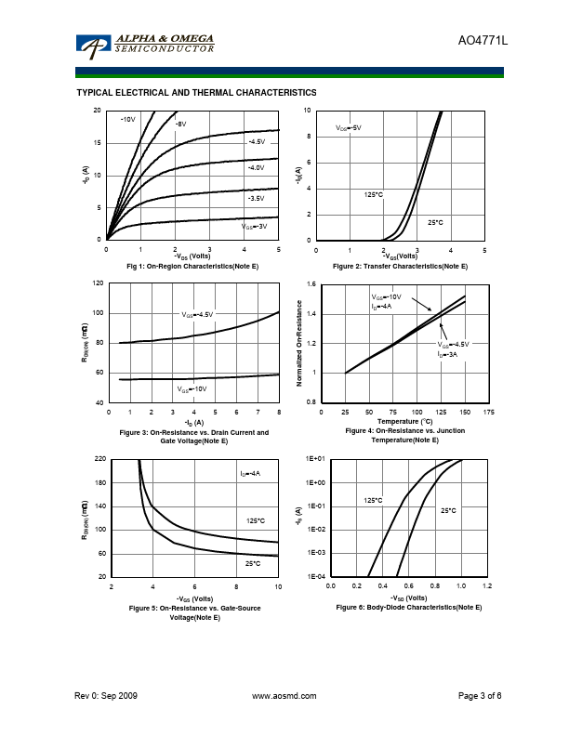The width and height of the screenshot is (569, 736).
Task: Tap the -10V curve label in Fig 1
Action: tap(128, 120)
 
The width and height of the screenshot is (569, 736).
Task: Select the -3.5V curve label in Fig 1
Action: tap(256, 199)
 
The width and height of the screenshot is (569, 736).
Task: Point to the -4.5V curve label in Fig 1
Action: tap(257, 141)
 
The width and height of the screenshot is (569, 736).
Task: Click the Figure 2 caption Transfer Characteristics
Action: tap(400, 267)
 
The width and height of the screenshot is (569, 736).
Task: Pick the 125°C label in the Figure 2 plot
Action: tap(373, 195)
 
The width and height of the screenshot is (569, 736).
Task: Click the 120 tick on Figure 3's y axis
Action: tap(98, 283)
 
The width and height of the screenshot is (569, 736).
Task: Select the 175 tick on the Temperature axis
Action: tap(489, 411)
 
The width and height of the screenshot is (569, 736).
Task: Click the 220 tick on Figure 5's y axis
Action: tap(98, 459)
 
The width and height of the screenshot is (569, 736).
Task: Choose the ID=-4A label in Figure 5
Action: tap(250, 474)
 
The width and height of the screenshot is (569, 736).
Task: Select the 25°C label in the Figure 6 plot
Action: tap(447, 510)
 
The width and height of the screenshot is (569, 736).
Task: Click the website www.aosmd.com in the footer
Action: tap(284, 695)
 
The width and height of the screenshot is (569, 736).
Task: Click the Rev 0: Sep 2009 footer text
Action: tap(106, 695)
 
